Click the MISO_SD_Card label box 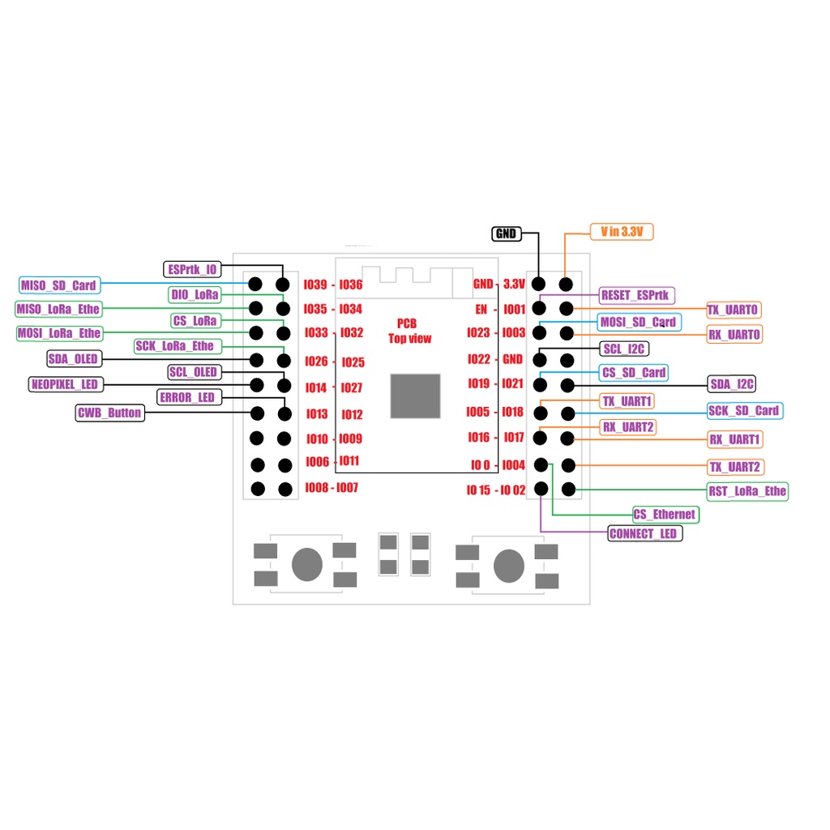coord(60,285)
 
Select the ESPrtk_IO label coord(192,269)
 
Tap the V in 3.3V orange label coord(622,232)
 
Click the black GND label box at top coord(507,233)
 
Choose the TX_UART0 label coord(734,310)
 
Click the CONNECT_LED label coord(644,533)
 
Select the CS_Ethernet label coord(666,515)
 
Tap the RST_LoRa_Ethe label coord(747,491)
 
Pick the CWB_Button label coord(109,413)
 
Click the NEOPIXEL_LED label coord(66,384)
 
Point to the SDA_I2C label coord(732,383)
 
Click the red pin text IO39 coord(315,285)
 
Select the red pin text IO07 coord(347,487)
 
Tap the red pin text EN coord(481,309)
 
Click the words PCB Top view coord(409,331)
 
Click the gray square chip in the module coord(416,396)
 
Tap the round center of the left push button coord(307,564)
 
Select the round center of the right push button coord(509,566)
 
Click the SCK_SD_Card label coord(745,411)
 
